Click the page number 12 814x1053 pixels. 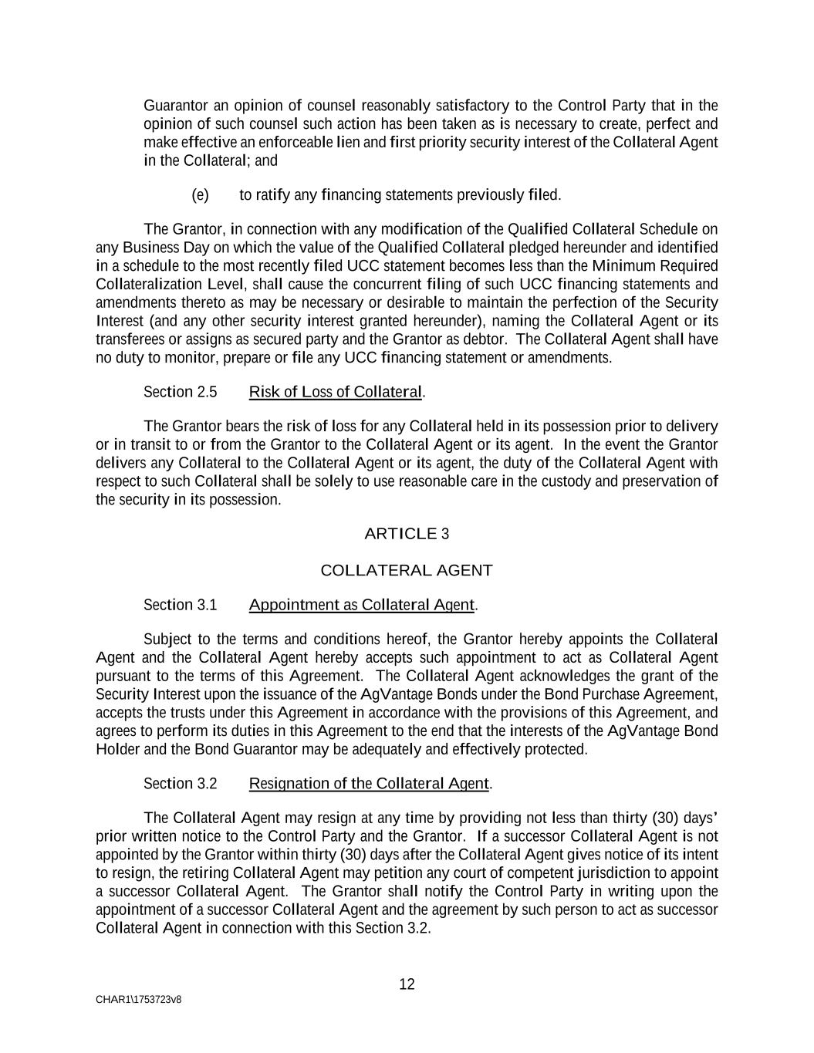(x=407, y=984)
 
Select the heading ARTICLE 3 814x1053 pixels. (x=407, y=534)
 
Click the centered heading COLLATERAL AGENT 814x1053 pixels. (x=407, y=571)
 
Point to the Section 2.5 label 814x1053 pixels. (x=181, y=392)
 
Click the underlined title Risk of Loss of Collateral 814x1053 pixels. (x=336, y=392)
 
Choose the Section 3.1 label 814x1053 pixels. (x=181, y=605)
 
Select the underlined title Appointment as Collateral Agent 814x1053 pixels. (x=361, y=605)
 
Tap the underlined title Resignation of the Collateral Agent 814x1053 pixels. (x=369, y=784)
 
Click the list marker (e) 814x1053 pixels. (x=200, y=195)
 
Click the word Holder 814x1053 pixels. (x=117, y=750)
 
